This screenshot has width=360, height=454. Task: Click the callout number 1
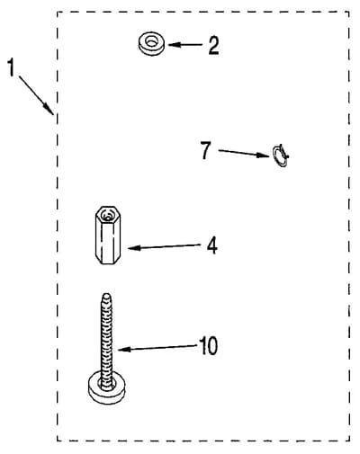pos(11,67)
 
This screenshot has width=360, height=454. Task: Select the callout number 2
pos(213,45)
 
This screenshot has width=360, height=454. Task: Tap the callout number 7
pos(206,150)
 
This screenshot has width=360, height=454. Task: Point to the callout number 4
pos(212,245)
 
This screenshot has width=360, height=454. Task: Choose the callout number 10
pos(209,346)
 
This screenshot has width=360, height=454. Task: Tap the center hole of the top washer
pos(152,40)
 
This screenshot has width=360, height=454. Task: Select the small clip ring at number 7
pos(280,155)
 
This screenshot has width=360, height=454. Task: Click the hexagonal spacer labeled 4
pos(108,235)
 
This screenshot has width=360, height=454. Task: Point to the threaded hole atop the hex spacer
pos(107,215)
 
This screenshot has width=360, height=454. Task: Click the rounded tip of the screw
pos(106,297)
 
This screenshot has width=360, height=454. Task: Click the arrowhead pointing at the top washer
pos(174,45)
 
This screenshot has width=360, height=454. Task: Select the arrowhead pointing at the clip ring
pos(263,155)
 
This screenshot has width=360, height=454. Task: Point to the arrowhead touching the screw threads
pos(124,349)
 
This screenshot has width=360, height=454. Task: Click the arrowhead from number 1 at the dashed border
pos(49,109)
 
